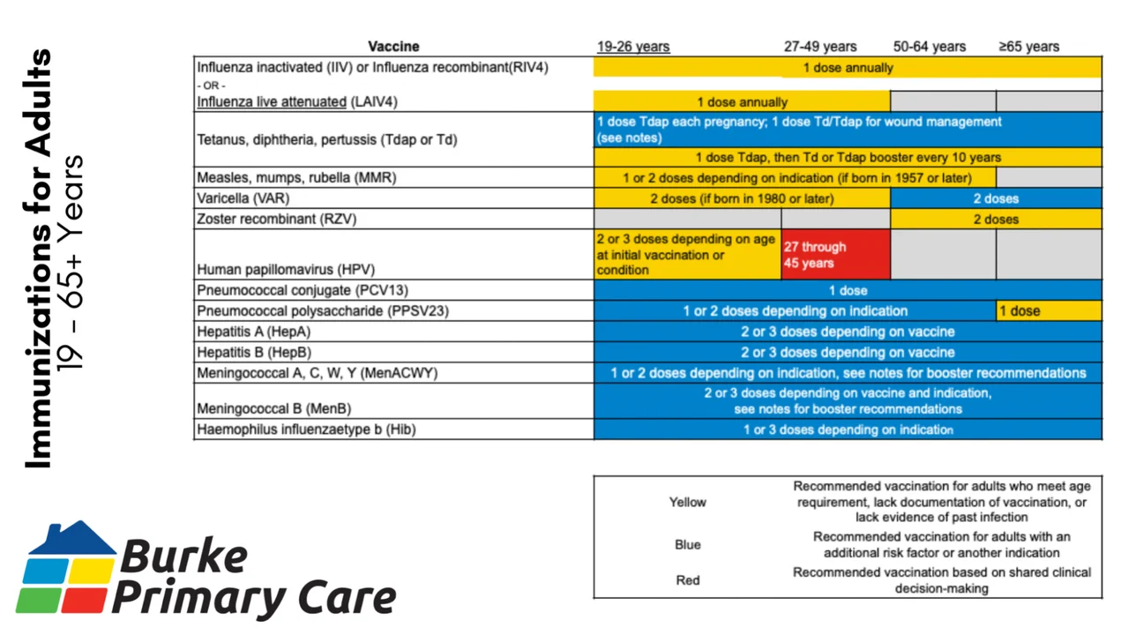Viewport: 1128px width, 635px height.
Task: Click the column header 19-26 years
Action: pos(632,47)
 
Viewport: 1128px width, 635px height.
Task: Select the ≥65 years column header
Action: pos(1028,47)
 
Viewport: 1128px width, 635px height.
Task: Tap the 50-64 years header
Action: pos(929,47)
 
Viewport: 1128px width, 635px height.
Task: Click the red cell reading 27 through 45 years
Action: pos(834,255)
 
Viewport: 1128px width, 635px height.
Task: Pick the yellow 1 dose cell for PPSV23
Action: pos(1048,310)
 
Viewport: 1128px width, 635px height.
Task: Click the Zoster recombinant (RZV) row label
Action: pos(277,219)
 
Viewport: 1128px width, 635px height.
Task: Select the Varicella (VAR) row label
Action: pos(243,198)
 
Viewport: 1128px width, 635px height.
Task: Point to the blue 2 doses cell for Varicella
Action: pos(996,198)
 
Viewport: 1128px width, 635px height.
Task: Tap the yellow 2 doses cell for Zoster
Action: pos(996,219)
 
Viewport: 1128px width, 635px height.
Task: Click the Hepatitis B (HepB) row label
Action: pos(254,352)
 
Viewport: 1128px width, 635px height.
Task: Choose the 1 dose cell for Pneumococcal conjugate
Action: pos(848,290)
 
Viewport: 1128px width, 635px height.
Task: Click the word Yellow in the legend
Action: pos(687,502)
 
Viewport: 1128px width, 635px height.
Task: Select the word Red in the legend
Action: pos(687,580)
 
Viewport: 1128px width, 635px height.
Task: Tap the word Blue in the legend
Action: pos(687,545)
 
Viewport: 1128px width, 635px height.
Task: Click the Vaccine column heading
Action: pos(393,47)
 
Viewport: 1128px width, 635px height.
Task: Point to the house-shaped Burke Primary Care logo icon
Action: pos(67,567)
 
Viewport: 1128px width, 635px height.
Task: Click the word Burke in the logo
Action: pos(183,557)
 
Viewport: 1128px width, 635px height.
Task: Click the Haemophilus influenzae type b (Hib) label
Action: pos(306,430)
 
